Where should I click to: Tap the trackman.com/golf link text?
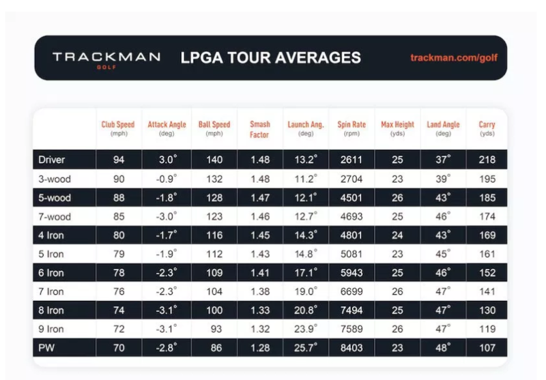(x=454, y=57)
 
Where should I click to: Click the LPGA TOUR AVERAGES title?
(x=270, y=57)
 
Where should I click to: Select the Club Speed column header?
(x=118, y=128)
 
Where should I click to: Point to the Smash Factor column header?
(x=260, y=129)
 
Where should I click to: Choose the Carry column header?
(x=487, y=128)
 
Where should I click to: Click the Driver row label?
(x=52, y=160)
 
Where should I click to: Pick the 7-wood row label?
(x=55, y=216)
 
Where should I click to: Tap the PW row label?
(x=46, y=348)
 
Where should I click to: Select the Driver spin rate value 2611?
(x=351, y=160)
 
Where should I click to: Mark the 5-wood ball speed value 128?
(x=214, y=198)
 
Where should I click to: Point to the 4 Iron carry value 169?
(x=487, y=235)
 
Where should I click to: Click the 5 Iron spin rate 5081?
(x=351, y=254)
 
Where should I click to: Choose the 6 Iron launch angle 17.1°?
(x=304, y=273)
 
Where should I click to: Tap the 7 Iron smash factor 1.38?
(x=260, y=291)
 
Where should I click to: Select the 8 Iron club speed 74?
(x=118, y=310)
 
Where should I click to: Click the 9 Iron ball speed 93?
(x=214, y=330)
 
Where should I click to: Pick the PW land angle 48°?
(x=444, y=348)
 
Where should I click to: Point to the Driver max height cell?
(x=397, y=160)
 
